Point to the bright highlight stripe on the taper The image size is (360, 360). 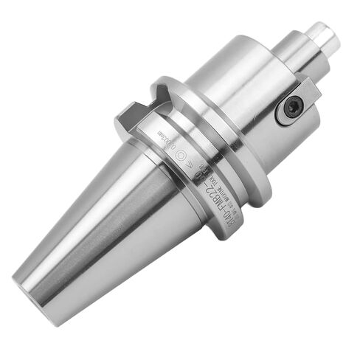point(89,221)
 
